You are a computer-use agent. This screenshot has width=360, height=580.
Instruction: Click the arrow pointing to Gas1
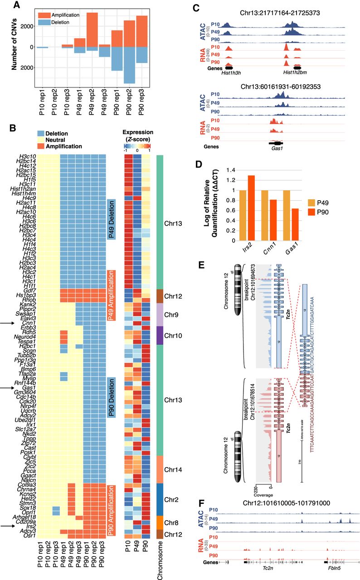10,388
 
